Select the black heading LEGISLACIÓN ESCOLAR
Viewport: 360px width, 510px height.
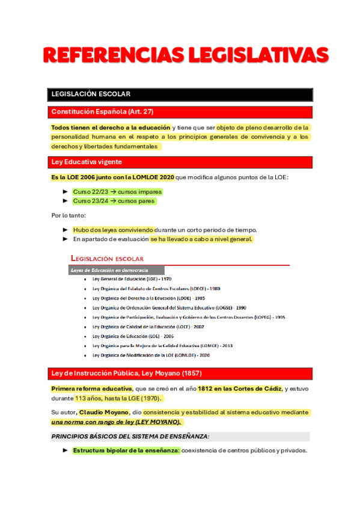click(91, 94)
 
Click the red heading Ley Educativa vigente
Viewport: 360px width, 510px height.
click(87, 162)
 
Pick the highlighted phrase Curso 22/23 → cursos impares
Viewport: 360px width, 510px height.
click(117, 191)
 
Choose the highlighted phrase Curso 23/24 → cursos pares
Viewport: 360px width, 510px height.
click(114, 201)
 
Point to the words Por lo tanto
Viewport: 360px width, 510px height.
click(69, 215)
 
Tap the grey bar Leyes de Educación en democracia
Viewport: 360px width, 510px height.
click(109, 271)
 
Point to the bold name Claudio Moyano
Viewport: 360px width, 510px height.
click(103, 413)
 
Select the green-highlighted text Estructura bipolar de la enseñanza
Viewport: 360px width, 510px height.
click(126, 450)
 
